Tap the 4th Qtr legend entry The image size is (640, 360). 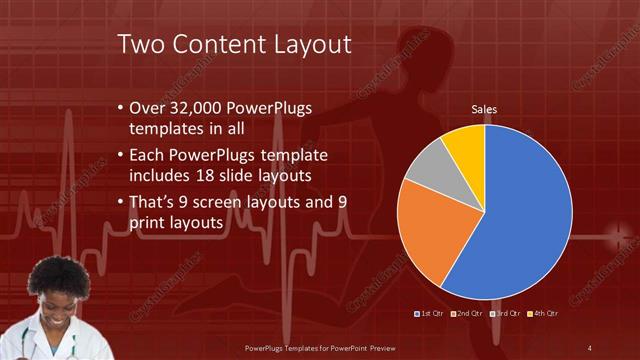(x=544, y=314)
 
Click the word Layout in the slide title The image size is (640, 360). (x=303, y=45)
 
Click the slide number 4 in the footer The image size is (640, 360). (x=589, y=347)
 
